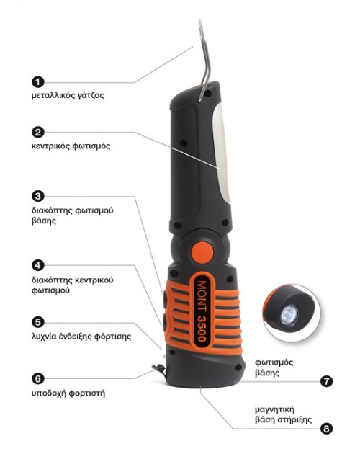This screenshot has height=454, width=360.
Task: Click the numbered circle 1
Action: [38, 82]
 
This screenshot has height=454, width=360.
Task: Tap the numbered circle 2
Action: [38, 133]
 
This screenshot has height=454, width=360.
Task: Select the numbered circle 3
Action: [38, 196]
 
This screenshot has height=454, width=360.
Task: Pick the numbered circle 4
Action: [38, 265]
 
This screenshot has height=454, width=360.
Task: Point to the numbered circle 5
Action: [38, 322]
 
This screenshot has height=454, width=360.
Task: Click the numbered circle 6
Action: [38, 378]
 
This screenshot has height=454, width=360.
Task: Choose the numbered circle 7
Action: [326, 381]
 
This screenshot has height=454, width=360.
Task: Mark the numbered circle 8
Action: [326, 429]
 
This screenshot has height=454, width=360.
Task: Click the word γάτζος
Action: [91, 96]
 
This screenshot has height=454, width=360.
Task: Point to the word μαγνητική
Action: [274, 410]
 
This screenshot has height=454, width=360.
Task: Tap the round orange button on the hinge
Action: [202, 253]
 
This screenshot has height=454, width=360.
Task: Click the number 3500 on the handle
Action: [202, 329]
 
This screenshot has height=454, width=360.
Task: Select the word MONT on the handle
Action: [202, 296]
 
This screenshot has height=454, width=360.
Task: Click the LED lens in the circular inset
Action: [289, 315]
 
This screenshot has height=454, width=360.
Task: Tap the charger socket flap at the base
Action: [159, 369]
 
